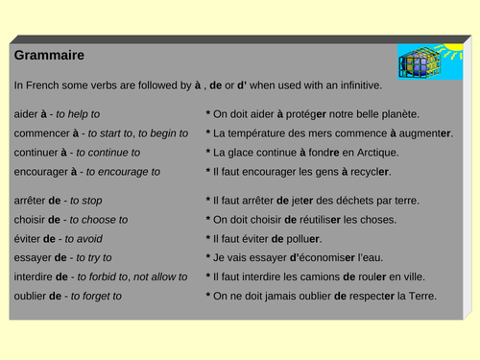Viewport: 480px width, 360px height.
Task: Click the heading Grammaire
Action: pos(49,55)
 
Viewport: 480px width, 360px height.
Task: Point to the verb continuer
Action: pos(37,152)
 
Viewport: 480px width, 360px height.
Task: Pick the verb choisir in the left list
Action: pos(30,219)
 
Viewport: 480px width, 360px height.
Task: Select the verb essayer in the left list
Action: pos(32,257)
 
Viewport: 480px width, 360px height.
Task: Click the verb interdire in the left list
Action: pos(34,276)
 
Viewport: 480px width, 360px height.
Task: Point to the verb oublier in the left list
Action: pos(30,296)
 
